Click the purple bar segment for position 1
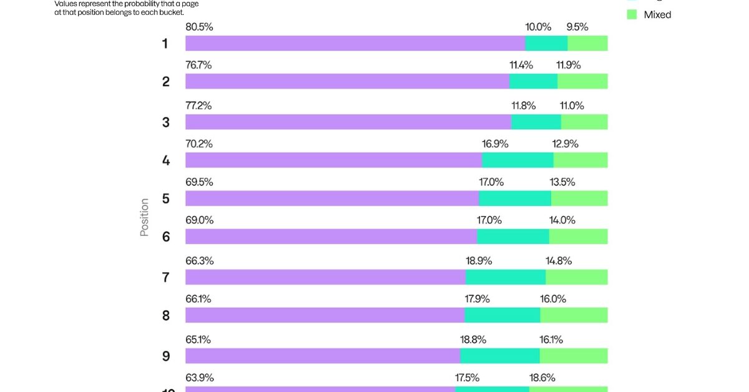(x=355, y=43)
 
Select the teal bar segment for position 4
(x=517, y=160)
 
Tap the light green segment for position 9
(x=574, y=356)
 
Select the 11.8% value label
(x=522, y=105)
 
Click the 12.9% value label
(x=565, y=144)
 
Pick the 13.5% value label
(x=562, y=182)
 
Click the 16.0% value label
(x=553, y=299)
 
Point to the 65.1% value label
(x=198, y=340)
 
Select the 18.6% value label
(x=542, y=378)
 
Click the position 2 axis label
(x=165, y=82)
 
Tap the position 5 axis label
(x=165, y=199)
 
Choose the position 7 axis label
(x=165, y=278)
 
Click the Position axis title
(x=144, y=217)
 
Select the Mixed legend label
(x=657, y=14)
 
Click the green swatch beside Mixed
(x=632, y=14)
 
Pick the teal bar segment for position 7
(x=506, y=277)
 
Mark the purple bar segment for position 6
(x=331, y=236)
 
